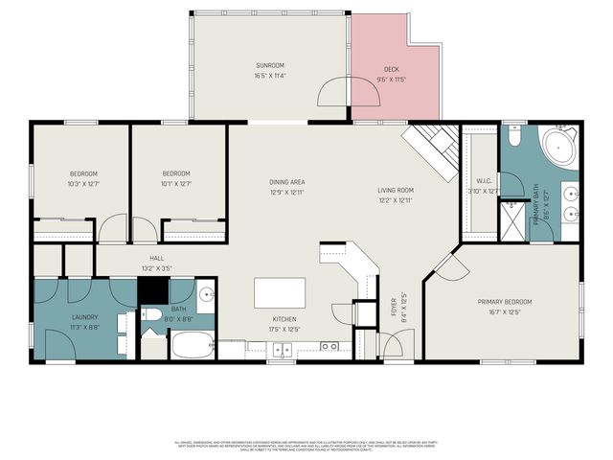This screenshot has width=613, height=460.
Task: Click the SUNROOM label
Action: click(x=270, y=64)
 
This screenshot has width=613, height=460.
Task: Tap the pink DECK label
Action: click(x=391, y=69)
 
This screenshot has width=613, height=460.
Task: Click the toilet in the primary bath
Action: click(x=513, y=138)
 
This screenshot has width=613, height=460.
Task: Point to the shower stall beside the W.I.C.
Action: click(x=513, y=218)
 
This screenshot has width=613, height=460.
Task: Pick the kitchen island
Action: click(x=280, y=292)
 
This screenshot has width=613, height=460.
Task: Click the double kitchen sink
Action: click(x=329, y=346)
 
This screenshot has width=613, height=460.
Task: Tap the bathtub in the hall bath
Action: click(x=193, y=344)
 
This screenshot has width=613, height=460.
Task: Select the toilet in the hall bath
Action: click(x=151, y=315)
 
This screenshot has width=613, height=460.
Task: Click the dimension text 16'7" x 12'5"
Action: click(x=505, y=311)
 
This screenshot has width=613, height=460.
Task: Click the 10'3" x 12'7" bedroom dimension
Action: click(x=83, y=183)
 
